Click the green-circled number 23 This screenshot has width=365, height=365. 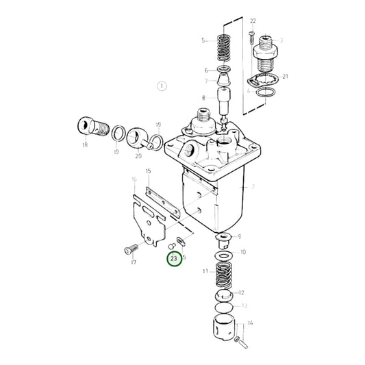click(x=174, y=259)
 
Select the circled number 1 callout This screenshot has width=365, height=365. click(x=162, y=86)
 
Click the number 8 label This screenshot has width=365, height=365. click(x=203, y=99)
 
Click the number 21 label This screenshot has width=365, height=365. click(x=285, y=77)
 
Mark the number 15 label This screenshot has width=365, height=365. click(x=147, y=171)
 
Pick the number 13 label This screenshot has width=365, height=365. click(x=244, y=306)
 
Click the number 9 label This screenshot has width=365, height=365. click(x=238, y=237)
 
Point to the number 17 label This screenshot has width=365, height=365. click(x=134, y=262)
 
